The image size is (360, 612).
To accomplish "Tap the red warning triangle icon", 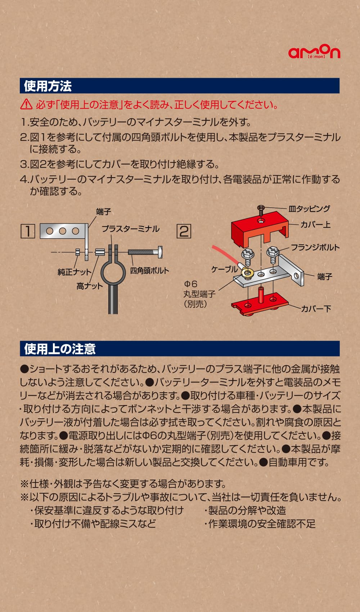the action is (x=26, y=104).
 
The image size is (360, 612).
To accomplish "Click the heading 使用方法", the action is (x=48, y=86).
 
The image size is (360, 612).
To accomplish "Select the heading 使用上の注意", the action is (x=60, y=348).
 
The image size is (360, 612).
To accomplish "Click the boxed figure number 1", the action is (x=28, y=231).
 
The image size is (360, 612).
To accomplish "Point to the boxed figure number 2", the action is (x=184, y=231).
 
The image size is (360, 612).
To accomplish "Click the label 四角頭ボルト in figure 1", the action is (x=149, y=270).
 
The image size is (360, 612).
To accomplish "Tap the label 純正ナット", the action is (x=75, y=272).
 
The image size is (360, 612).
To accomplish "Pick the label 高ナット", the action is (x=89, y=286).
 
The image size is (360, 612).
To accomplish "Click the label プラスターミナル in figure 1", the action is (x=130, y=229).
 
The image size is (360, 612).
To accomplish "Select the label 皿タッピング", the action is (x=309, y=209).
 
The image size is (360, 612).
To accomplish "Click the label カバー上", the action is (x=315, y=225).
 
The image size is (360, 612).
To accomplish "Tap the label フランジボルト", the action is (x=315, y=247).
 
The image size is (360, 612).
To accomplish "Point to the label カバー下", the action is (x=316, y=309).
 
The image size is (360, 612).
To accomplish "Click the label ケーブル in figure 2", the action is (x=224, y=269).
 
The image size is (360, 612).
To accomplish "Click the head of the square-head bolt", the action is (x=160, y=252).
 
